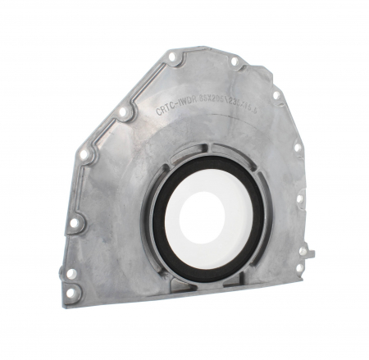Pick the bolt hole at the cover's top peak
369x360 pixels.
172,57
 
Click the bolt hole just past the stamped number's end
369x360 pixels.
276,95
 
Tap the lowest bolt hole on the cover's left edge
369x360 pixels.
70,291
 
